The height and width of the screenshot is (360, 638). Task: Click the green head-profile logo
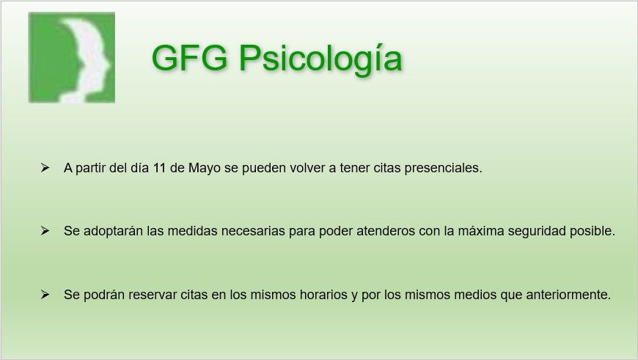point(72,57)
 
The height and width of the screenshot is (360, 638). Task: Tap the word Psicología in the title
point(320,59)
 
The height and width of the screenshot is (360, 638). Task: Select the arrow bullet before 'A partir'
point(45,168)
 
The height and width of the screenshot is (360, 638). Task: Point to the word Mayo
point(204,168)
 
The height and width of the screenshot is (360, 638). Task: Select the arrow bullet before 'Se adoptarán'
point(45,231)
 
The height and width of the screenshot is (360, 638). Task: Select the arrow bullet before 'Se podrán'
point(45,295)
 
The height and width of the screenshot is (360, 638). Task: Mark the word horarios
point(317,295)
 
